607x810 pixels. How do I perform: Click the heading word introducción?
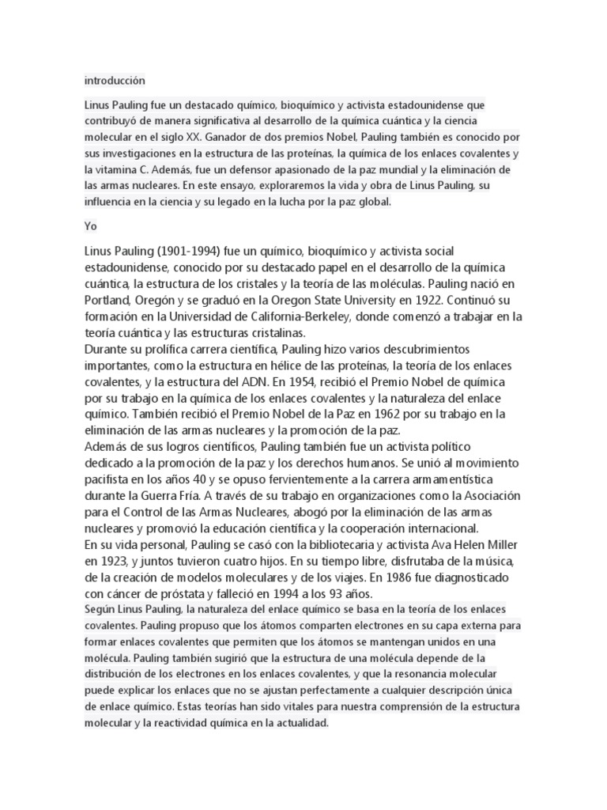(115, 81)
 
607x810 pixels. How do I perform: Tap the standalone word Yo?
(90, 226)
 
